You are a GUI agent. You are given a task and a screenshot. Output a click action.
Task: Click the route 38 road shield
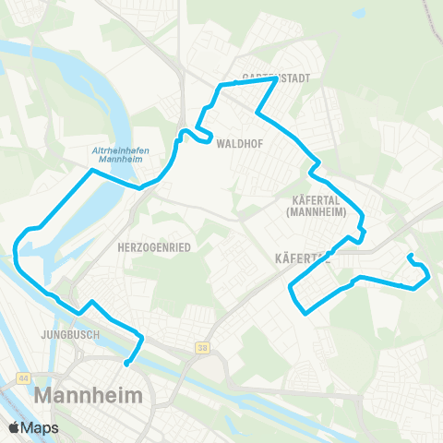[202, 347]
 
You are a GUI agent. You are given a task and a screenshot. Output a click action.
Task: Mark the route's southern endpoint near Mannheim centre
[126, 364]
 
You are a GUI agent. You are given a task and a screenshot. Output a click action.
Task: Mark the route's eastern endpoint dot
[409, 256]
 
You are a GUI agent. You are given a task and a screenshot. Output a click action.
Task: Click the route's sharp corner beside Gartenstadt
[276, 79]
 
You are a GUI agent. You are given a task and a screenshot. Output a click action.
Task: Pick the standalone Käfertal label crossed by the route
[303, 260]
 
